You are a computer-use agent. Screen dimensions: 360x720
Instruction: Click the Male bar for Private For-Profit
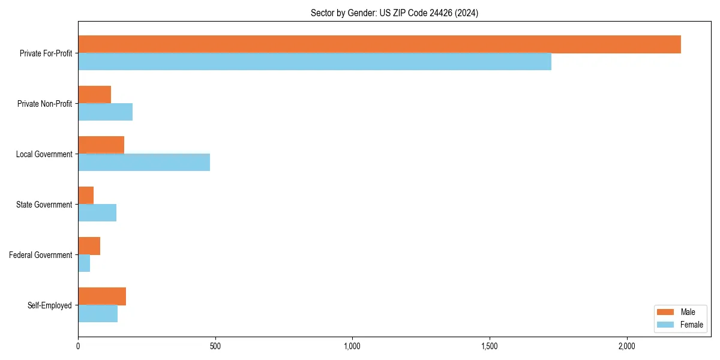click(x=379, y=44)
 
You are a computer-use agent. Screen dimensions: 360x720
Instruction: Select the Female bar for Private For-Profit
click(x=314, y=62)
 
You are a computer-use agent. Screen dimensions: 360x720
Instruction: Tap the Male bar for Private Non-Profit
click(x=94, y=95)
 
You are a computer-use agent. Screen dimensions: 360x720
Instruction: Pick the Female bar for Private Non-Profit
click(x=105, y=112)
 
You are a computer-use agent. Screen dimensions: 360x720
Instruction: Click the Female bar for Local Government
click(x=144, y=163)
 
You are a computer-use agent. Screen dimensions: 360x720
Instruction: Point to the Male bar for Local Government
click(x=101, y=145)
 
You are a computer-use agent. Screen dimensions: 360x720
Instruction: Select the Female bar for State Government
click(x=97, y=213)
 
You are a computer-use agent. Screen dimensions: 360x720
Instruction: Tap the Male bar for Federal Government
click(x=89, y=246)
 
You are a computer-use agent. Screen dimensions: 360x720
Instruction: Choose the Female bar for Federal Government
click(x=84, y=263)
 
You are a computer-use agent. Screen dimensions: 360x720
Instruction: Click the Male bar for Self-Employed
click(x=102, y=296)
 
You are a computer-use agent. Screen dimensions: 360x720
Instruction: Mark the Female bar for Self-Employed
click(x=98, y=314)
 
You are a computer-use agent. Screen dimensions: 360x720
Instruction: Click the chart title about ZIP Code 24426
click(x=394, y=13)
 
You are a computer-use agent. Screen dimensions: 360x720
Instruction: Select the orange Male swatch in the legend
click(x=665, y=312)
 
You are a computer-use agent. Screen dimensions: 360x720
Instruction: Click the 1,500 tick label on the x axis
click(x=490, y=347)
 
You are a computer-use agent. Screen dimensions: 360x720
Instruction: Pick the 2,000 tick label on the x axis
click(x=626, y=347)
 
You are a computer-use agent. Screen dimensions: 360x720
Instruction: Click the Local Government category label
click(x=44, y=154)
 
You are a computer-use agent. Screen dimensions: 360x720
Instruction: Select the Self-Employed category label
click(x=49, y=305)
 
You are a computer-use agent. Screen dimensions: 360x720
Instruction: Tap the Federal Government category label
click(x=40, y=255)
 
